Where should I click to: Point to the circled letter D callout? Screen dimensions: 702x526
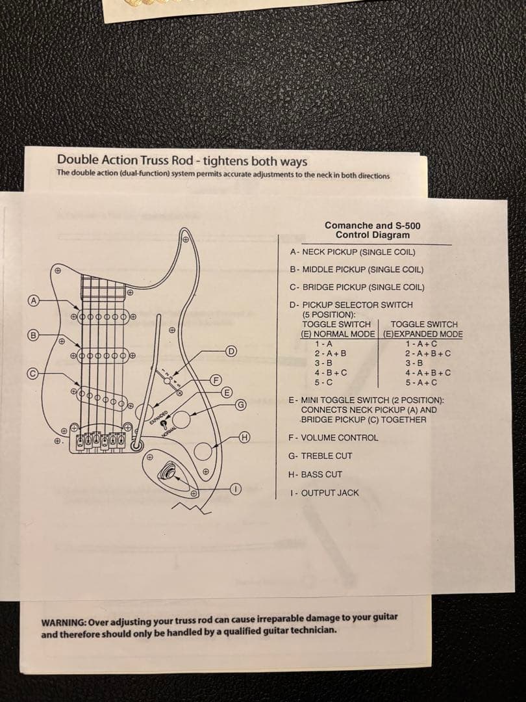230,352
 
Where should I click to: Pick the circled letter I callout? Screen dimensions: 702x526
237,489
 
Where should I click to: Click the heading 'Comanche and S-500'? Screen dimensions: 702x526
372,226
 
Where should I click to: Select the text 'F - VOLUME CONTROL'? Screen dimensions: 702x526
333,437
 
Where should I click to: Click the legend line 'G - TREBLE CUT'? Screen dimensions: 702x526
321,456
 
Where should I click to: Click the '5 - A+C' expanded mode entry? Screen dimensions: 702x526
421,382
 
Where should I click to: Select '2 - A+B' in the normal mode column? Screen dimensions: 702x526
331,353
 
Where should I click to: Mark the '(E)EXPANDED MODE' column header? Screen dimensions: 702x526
423,334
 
